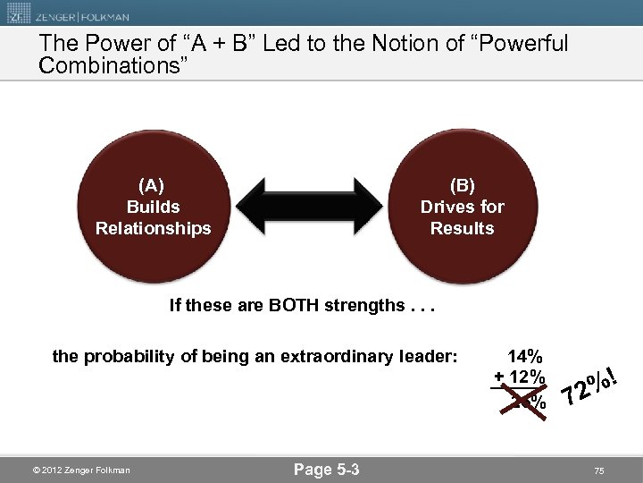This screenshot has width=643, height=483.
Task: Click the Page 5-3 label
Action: (x=326, y=470)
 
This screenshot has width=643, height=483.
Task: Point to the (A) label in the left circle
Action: (x=153, y=185)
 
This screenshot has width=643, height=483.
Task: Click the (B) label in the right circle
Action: (x=462, y=185)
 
